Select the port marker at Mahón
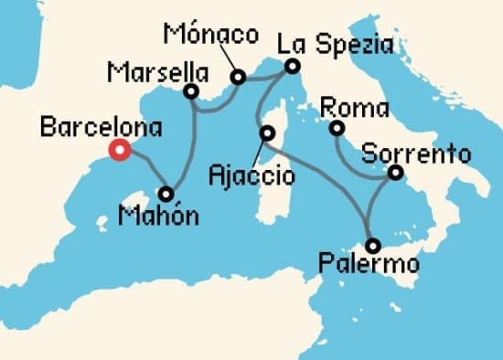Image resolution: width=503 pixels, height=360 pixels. [x=166, y=194]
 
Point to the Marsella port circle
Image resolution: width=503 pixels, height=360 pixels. [x=191, y=91]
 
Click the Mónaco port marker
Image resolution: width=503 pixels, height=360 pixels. [x=239, y=78]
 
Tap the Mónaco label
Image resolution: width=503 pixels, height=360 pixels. [x=211, y=36]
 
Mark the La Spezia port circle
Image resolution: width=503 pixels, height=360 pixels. [x=292, y=66]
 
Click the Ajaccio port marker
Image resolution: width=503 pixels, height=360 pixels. [x=266, y=133]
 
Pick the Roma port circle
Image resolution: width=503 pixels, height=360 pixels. [x=337, y=129]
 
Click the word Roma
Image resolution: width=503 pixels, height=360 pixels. [x=345, y=107]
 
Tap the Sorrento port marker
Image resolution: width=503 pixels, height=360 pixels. [x=395, y=172]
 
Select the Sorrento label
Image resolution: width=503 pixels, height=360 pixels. [x=416, y=152]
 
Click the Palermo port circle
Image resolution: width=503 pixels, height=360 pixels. [x=372, y=245]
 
